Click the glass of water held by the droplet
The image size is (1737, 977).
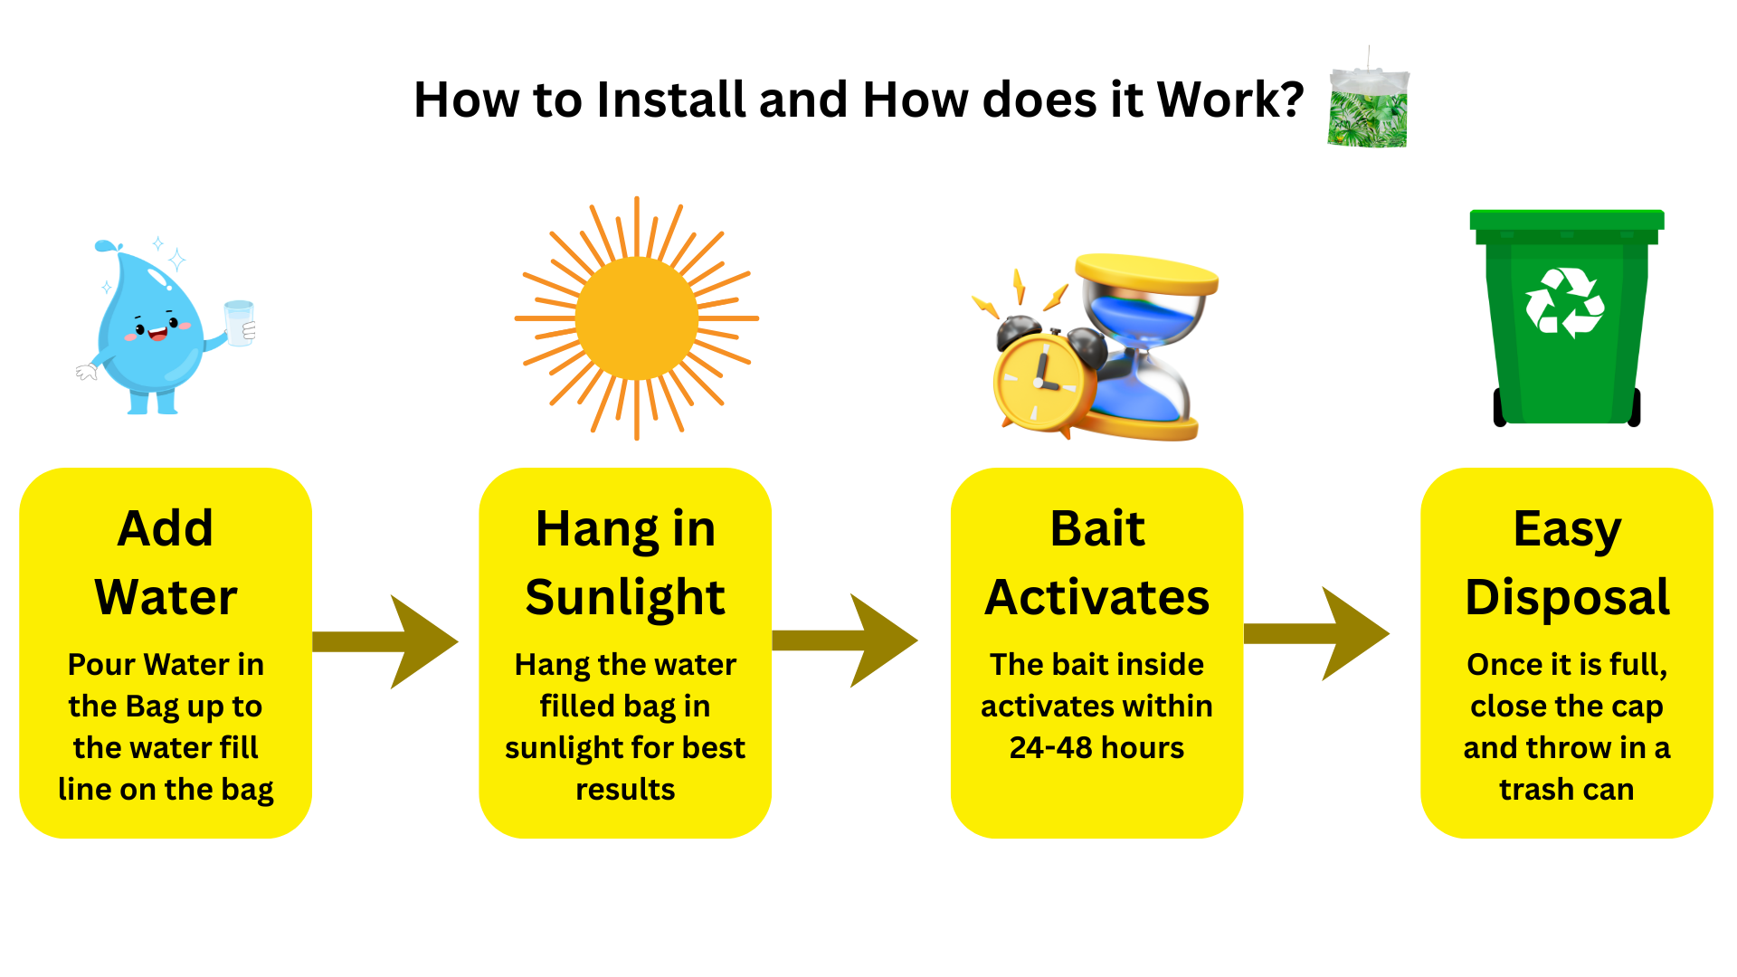click(x=240, y=323)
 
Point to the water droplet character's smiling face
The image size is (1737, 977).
click(x=156, y=327)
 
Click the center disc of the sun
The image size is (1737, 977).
click(x=636, y=318)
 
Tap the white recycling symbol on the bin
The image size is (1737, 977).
click(x=1564, y=303)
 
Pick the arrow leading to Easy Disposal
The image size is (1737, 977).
click(x=1318, y=633)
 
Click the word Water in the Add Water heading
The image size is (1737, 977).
click(x=166, y=597)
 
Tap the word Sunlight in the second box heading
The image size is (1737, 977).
click(x=625, y=597)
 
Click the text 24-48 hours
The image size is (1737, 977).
click(x=1096, y=748)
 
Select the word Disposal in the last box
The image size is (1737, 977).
click(x=1567, y=597)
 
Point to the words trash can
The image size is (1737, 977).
click(x=1566, y=790)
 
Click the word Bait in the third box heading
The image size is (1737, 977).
click(x=1096, y=528)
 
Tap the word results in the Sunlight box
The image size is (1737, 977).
click(x=625, y=790)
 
